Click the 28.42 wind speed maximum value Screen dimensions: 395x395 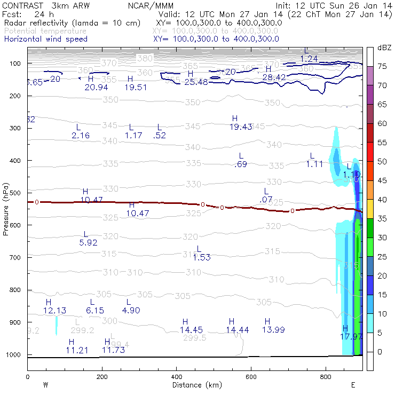point(274,77)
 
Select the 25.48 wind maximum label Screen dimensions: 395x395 point(196,82)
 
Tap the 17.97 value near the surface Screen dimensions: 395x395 point(352,336)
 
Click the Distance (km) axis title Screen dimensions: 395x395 point(195,384)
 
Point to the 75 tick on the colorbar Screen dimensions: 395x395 point(382,66)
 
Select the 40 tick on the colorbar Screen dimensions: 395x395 point(382,200)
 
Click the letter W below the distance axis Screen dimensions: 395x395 point(45,385)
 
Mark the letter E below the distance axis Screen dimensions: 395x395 point(353,385)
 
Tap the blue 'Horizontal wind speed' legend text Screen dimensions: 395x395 point(46,39)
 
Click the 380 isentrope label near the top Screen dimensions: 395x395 point(144,58)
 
